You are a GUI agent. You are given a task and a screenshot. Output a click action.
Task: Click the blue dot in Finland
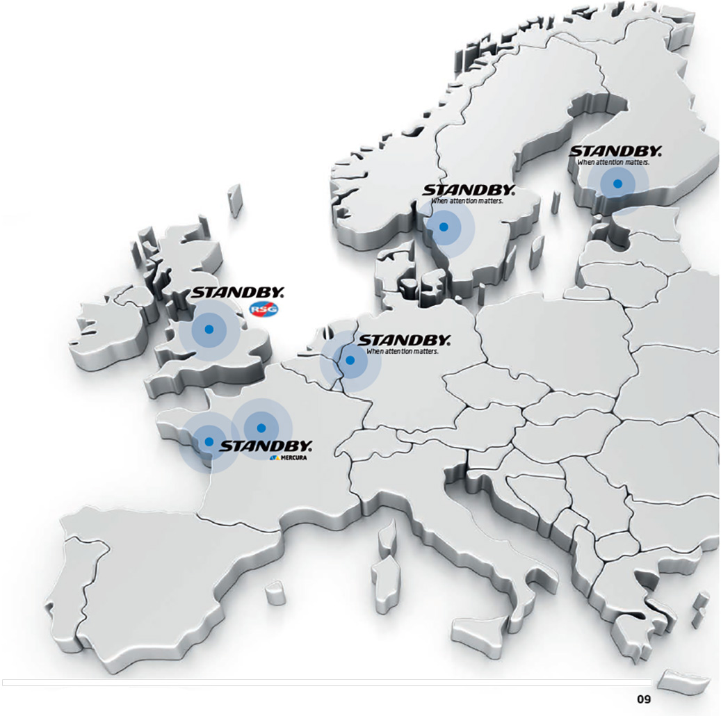[617, 184]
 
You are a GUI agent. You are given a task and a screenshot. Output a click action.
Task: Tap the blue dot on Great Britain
[209, 329]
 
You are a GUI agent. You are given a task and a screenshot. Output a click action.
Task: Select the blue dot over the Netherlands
[350, 361]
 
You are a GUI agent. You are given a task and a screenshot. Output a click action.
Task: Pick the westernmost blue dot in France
[209, 441]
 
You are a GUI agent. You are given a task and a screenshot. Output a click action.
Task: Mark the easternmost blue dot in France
[261, 428]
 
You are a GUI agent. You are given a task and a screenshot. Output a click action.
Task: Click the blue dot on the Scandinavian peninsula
[444, 227]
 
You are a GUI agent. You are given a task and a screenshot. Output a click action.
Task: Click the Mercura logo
[288, 458]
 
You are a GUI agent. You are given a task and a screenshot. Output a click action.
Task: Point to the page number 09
[643, 699]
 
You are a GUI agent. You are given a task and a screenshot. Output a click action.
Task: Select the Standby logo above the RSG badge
[238, 293]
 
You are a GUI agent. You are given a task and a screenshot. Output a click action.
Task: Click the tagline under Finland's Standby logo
[613, 162]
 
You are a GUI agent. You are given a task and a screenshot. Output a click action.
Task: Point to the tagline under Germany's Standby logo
[403, 352]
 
